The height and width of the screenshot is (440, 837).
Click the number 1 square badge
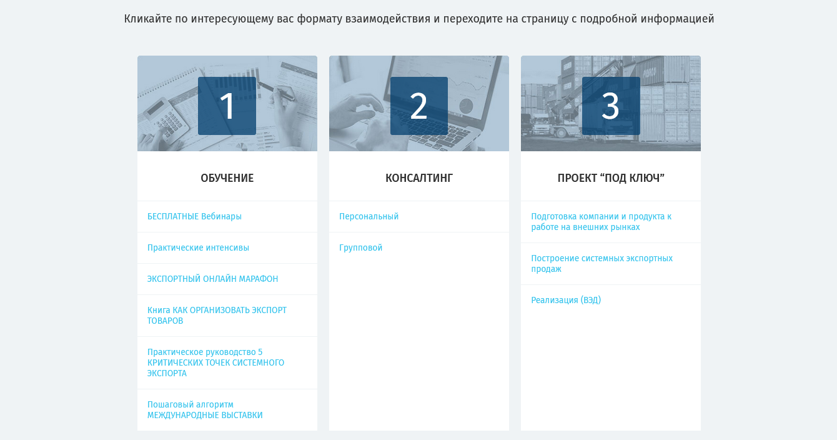coord(227,106)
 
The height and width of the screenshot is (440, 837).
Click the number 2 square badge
coord(419,106)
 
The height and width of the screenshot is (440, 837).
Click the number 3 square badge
coord(611,106)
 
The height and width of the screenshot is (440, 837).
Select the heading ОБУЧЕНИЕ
coord(227,178)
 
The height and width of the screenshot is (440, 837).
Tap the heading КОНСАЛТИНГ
coord(419,178)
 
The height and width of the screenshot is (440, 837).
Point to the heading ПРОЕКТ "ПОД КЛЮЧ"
coord(611,178)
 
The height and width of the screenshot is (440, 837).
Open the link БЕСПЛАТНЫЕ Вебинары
coord(194,216)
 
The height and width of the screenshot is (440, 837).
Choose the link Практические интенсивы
coord(198,247)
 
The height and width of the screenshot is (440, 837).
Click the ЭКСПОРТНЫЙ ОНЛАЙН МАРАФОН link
coord(212,279)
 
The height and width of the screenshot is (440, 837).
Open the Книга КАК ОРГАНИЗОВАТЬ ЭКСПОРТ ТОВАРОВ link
coord(217,316)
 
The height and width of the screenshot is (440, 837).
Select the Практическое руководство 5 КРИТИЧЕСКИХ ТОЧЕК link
coord(215,362)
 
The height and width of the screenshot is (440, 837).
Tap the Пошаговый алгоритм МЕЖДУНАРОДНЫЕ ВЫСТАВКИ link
coord(205,410)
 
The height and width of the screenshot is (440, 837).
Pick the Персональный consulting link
coord(369,216)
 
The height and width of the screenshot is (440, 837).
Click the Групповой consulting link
coord(360,247)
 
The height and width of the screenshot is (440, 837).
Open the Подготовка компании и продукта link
coord(602,222)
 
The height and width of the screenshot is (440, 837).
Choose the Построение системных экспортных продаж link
coord(602,264)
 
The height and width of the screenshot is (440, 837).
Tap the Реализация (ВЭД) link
coord(566,300)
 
